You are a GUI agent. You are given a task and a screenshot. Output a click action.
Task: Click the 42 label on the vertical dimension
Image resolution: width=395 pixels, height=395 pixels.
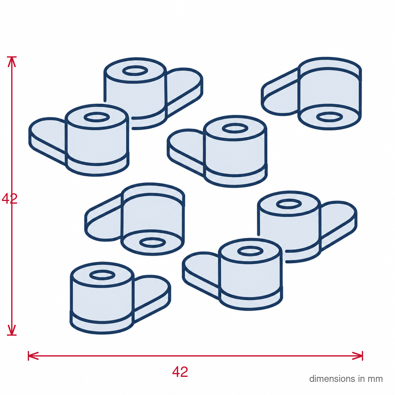click(10, 199)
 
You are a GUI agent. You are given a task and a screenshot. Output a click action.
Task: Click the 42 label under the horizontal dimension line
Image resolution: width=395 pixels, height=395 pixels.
click(180, 372)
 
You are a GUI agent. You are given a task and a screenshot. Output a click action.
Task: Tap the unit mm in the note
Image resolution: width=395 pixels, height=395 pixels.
click(375, 380)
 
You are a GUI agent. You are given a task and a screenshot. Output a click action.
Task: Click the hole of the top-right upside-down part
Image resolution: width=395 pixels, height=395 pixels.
click(329, 117)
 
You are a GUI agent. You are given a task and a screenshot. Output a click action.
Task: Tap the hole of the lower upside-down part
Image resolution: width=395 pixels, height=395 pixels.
click(153, 243)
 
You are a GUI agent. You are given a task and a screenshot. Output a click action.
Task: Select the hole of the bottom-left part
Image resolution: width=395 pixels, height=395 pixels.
click(102, 275)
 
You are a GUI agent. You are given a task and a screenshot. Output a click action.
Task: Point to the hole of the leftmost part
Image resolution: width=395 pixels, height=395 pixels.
click(97, 117)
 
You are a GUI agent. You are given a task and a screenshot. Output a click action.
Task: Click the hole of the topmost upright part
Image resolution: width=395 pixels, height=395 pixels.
click(135, 71)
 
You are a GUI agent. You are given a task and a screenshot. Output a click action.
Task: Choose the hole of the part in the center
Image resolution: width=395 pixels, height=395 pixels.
click(235, 128)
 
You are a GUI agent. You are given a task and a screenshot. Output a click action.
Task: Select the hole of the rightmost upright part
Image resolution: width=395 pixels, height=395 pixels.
click(289, 204)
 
